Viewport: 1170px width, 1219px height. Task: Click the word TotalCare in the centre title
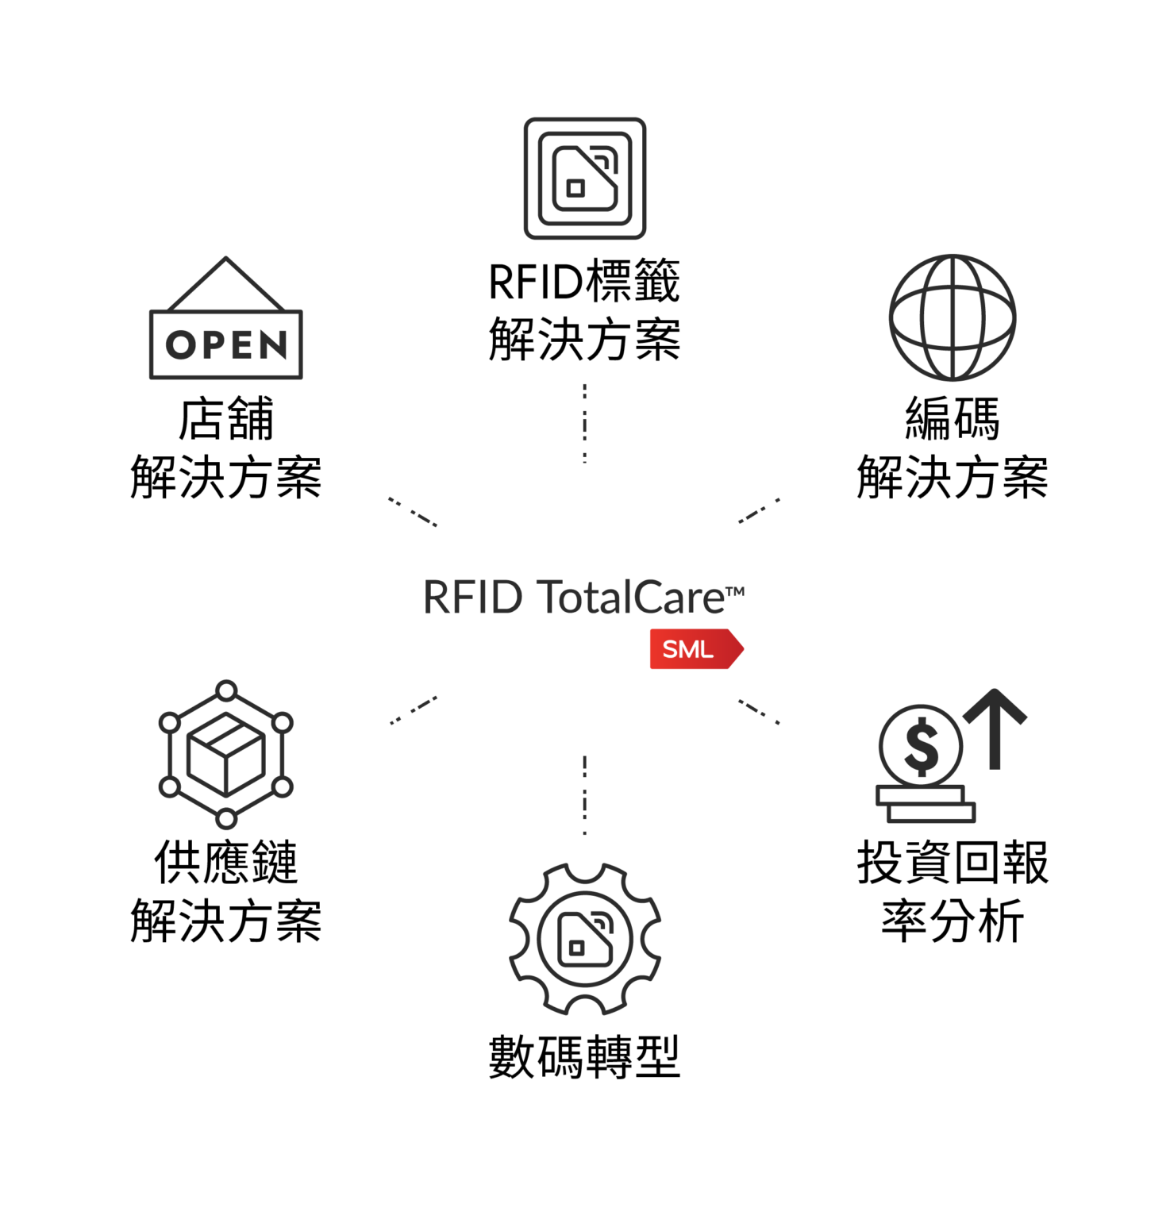(631, 598)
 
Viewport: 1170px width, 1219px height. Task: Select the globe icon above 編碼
(952, 317)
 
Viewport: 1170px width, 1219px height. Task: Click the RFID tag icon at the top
(585, 179)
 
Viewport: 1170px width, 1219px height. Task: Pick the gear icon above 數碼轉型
(585, 939)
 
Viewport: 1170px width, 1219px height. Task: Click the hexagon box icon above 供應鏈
(226, 754)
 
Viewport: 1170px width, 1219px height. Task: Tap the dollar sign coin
(921, 746)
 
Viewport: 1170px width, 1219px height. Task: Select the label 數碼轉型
(585, 1057)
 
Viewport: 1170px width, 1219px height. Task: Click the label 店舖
(226, 419)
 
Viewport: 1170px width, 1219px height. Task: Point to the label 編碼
(952, 419)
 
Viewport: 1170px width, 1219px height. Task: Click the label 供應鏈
(226, 863)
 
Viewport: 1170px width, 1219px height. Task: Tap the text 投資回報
(952, 863)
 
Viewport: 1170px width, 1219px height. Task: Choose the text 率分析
(952, 921)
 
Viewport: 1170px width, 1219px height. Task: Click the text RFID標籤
(585, 282)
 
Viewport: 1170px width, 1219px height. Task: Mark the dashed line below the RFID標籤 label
(585, 423)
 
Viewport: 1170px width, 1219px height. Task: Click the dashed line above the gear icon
(585, 794)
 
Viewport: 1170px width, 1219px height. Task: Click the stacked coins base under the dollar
(926, 804)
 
